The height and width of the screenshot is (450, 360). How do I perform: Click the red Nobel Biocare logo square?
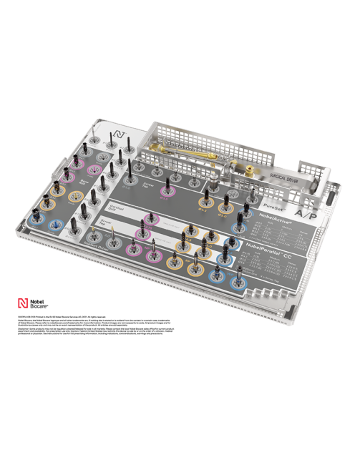click(x=23, y=303)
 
